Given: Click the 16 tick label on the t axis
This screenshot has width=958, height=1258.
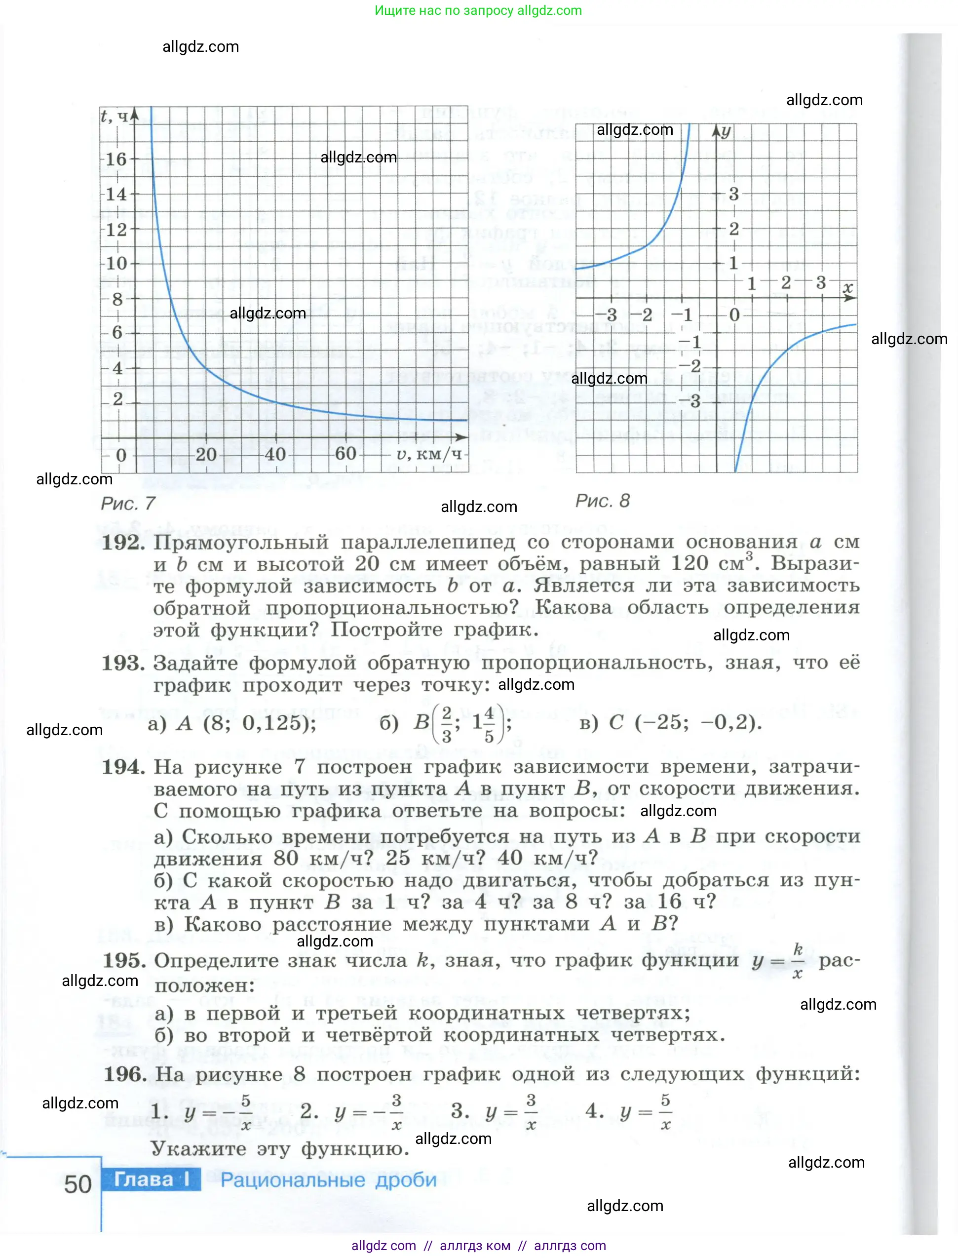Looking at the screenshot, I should pos(116,159).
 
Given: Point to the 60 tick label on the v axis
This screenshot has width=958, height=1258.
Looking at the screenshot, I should pos(345,453).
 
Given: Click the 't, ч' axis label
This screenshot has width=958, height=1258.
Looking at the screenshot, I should pos(114,117).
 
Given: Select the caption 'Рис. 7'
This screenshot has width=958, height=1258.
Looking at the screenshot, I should pos(128,504).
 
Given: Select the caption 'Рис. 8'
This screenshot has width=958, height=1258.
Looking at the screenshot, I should pos(602,501).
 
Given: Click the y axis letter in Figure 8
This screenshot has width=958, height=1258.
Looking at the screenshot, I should pos(726,132).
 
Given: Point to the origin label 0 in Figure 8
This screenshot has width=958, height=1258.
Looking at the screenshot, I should pos(734,315).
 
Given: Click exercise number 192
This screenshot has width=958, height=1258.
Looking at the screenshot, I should pos(123,542).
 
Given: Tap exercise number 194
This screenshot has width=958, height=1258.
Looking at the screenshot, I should pos(123,767).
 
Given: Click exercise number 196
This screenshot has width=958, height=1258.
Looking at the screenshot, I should pos(124,1074).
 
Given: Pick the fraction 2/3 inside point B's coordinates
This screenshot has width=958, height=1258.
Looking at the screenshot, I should pos(447,724).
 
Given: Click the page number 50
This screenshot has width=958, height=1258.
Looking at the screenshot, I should pos(77,1185).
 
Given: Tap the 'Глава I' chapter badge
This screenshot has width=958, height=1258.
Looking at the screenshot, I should pos(151,1179).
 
